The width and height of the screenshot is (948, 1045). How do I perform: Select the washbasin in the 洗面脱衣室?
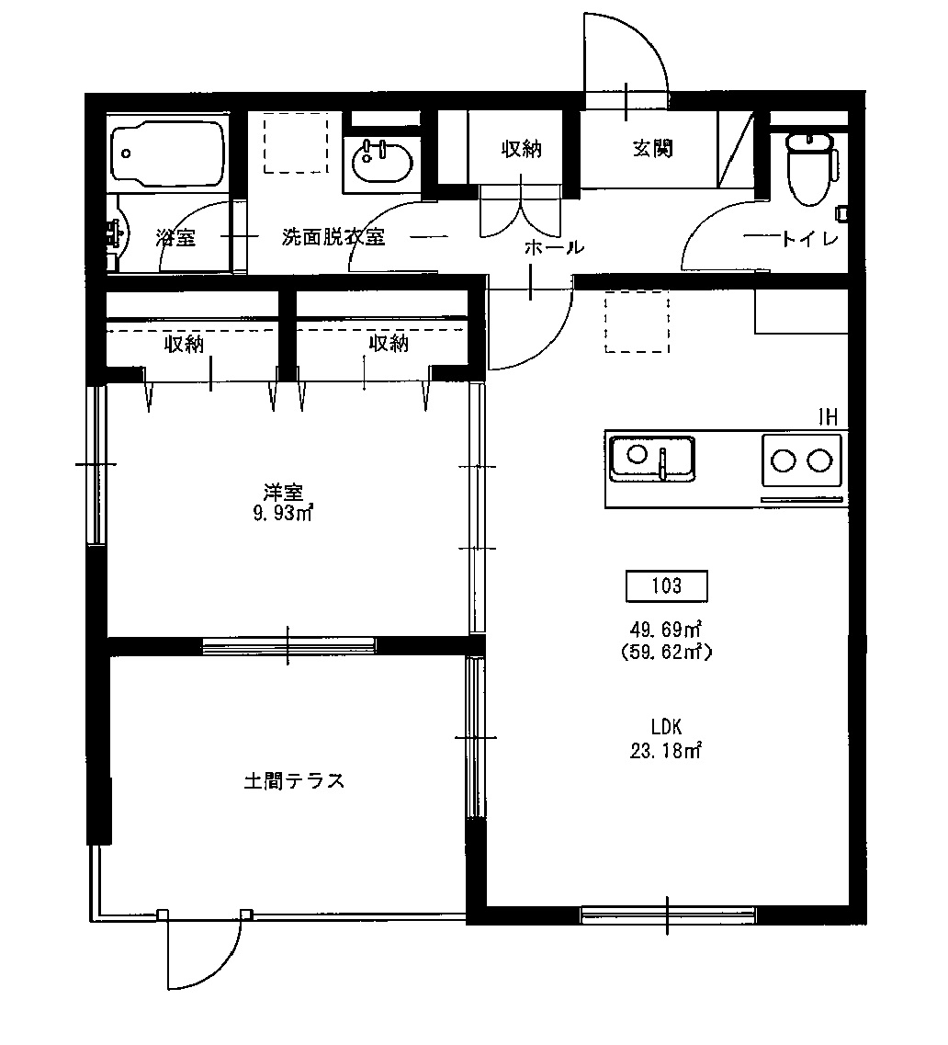(380, 165)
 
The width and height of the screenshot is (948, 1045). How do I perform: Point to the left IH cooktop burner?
(784, 460)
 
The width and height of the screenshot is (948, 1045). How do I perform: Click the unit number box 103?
(667, 585)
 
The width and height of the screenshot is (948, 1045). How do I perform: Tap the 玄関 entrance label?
(652, 149)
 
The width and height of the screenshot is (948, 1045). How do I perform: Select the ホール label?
(553, 246)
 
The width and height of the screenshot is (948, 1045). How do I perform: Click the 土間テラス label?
(294, 781)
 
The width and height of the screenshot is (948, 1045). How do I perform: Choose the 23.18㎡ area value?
(666, 750)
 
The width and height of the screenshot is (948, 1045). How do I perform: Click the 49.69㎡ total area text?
(666, 630)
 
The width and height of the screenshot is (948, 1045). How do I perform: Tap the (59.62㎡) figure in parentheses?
(666, 653)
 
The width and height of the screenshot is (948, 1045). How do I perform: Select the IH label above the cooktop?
(828, 417)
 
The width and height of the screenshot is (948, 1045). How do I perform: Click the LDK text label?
(667, 726)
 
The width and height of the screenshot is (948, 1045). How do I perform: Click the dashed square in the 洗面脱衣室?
(296, 142)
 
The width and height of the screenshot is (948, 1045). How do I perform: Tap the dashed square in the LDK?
(637, 322)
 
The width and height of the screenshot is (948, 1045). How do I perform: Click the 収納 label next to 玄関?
(521, 149)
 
